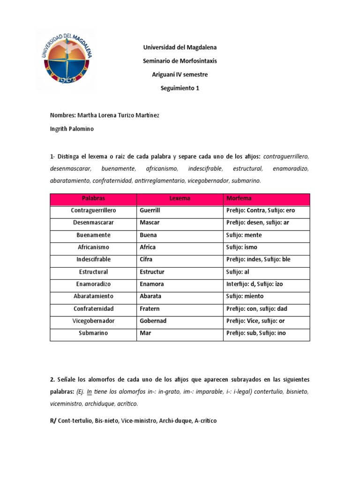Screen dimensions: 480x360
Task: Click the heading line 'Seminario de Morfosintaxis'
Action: tap(180, 61)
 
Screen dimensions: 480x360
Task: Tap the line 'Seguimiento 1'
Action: tap(180, 88)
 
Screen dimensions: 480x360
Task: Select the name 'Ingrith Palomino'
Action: tap(72, 129)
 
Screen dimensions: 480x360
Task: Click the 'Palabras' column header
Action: tap(93, 198)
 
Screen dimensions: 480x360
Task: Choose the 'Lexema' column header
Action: tap(180, 198)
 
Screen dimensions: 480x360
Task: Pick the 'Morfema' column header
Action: tap(239, 198)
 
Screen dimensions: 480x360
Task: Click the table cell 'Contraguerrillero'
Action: tap(93, 210)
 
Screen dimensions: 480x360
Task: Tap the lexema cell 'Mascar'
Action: tap(150, 223)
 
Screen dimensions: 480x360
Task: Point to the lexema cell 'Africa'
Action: tap(148, 247)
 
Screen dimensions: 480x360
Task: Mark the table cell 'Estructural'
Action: tap(93, 272)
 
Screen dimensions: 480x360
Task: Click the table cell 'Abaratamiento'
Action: tap(93, 296)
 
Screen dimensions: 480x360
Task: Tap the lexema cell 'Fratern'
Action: tap(150, 308)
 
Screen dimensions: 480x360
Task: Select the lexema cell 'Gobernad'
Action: tap(153, 321)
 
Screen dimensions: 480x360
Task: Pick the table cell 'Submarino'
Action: tap(93, 333)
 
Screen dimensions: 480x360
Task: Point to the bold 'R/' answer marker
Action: tap(53, 421)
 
